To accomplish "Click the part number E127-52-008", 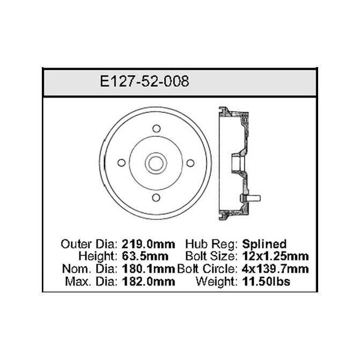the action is point(144,81).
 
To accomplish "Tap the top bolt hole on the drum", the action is point(157,129).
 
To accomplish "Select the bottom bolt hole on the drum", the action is point(156,197).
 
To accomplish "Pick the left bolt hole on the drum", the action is point(121,163).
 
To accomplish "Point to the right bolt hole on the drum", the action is point(190,163).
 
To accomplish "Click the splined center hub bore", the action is point(156,163).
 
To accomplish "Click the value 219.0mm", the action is point(148,244).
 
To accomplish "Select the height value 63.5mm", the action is point(145,256).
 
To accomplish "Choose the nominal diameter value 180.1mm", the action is point(148,269).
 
